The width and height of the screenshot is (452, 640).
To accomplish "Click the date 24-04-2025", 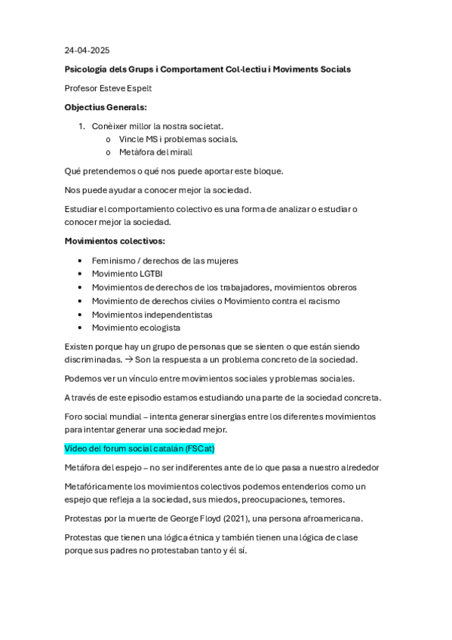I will [x=87, y=51].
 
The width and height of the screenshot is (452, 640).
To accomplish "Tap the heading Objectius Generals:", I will [x=106, y=107].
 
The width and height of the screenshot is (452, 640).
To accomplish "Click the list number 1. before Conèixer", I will [x=81, y=126].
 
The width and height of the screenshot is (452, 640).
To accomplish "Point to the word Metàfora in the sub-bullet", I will [x=136, y=152].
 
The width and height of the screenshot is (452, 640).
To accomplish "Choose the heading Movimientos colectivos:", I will [x=115, y=242].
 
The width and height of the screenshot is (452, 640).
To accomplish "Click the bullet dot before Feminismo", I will [x=81, y=260].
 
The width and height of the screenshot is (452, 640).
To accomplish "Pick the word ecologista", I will [x=157, y=328].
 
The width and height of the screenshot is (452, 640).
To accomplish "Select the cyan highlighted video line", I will [x=140, y=448].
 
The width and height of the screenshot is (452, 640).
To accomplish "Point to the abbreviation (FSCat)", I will [x=200, y=448].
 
